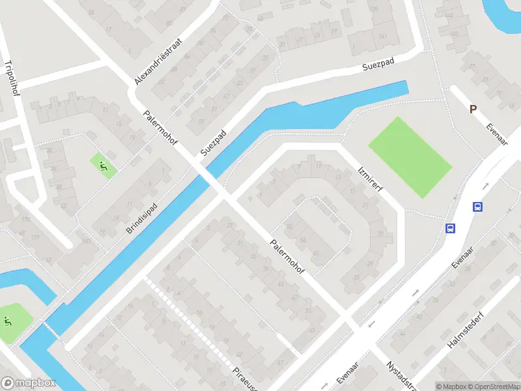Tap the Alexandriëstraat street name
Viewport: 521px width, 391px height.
(158, 61)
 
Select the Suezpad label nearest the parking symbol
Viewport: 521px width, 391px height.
(380, 68)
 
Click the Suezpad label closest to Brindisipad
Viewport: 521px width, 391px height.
(213, 141)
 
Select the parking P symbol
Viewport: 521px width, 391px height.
(473, 109)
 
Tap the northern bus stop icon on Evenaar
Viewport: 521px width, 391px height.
(477, 207)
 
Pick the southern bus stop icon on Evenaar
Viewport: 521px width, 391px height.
(449, 228)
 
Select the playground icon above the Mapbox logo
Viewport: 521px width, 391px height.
(8, 321)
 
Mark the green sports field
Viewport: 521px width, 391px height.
(410, 157)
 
